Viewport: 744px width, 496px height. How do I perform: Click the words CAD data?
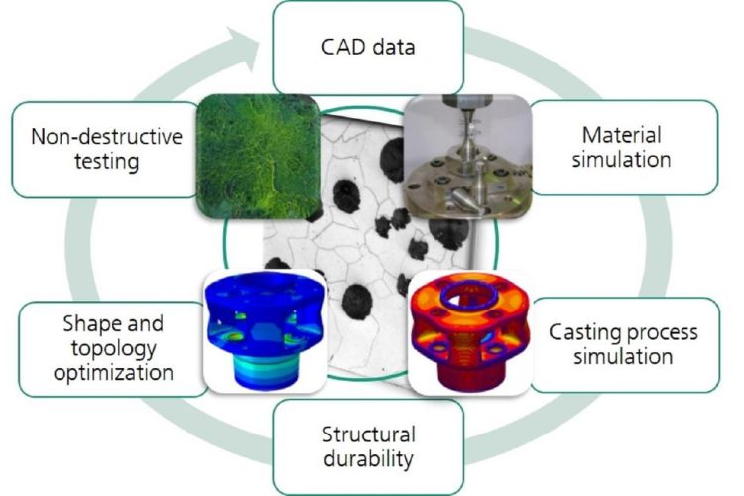368,47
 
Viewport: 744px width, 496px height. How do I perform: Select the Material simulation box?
624,148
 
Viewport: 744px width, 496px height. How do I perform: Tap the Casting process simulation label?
623,344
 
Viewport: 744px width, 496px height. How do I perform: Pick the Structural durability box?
368,446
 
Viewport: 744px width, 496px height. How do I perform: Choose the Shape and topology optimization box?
113,349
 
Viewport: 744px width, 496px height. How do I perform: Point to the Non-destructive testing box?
106,150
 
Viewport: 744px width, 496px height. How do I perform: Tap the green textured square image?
259,156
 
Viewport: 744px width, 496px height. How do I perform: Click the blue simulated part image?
265,331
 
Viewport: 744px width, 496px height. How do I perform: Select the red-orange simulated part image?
470,332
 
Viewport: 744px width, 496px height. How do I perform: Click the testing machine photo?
467,156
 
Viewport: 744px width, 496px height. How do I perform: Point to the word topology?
113,349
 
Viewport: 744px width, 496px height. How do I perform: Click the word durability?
368,459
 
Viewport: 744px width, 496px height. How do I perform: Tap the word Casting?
583,332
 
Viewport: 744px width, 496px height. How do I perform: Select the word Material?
622,135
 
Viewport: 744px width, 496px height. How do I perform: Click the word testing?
107,162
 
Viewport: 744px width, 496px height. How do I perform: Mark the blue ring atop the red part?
467,296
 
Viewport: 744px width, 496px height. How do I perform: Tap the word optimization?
113,373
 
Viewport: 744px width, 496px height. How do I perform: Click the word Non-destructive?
107,137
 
